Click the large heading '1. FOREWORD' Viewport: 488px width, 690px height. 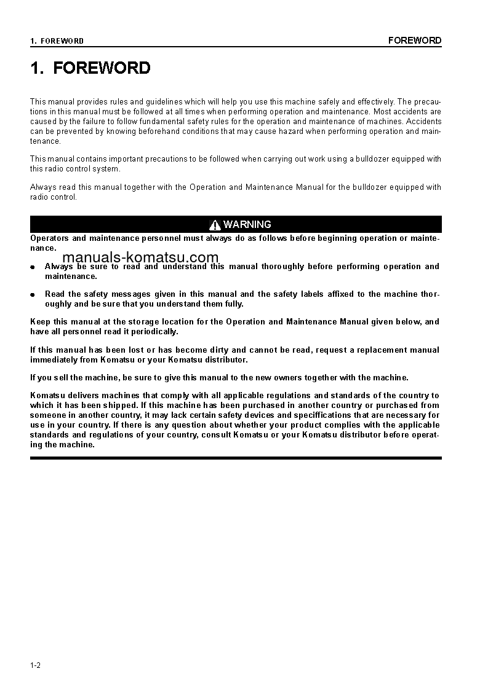(90, 68)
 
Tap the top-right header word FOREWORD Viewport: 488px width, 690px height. (414, 41)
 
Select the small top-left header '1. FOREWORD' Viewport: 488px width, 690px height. (57, 41)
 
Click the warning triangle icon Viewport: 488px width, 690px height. (215, 225)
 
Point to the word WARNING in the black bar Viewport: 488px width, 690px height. (247, 224)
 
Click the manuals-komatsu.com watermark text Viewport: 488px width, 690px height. (140, 257)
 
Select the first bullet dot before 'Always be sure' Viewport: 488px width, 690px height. (33, 267)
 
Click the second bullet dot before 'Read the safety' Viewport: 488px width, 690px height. (33, 295)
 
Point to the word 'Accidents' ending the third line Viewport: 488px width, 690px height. (423, 122)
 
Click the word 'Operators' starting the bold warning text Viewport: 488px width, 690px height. (49, 238)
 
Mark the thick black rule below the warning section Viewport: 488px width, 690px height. (236, 458)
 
